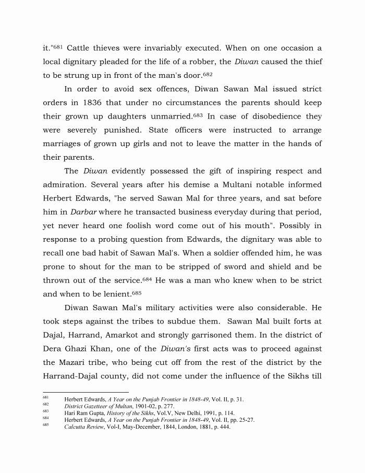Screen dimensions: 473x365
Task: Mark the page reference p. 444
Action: [221, 427]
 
